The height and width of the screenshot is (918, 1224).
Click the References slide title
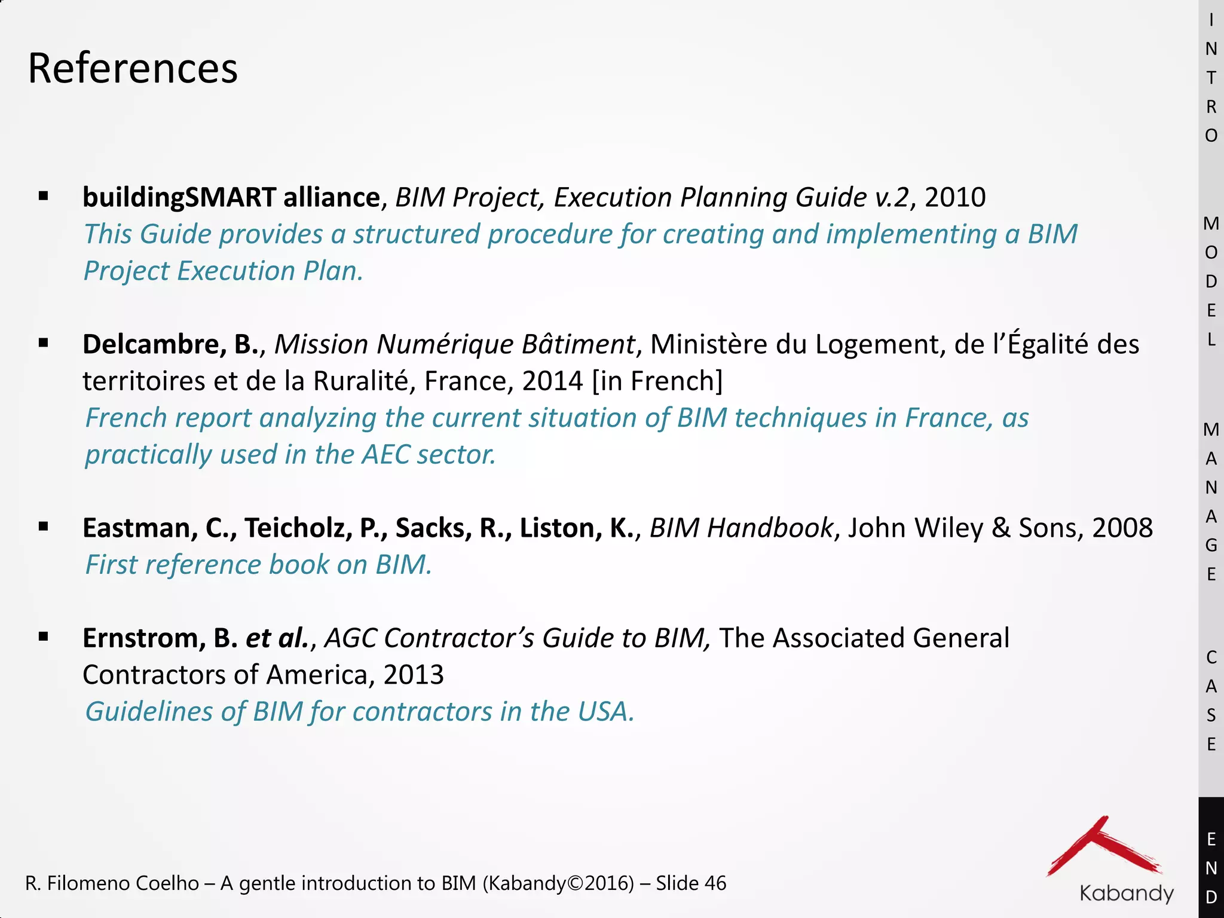[x=133, y=68]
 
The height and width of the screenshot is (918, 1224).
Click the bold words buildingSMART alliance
[x=231, y=197]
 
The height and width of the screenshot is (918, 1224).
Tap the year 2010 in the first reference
[x=954, y=197]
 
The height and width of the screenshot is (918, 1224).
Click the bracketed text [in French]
[x=657, y=381]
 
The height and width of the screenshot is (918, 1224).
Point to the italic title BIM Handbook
[x=740, y=528]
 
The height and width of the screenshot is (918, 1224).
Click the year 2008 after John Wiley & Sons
[x=1122, y=528]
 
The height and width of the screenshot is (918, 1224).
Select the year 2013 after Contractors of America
[x=414, y=675]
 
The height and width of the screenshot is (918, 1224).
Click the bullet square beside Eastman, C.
[x=43, y=527]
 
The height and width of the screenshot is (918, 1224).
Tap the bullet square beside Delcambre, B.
[x=43, y=343]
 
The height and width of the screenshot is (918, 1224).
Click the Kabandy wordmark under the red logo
[x=1127, y=893]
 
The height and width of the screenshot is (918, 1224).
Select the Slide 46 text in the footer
[x=691, y=883]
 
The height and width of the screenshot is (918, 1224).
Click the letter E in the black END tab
[x=1211, y=840]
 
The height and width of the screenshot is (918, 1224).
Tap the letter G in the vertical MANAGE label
[x=1211, y=545]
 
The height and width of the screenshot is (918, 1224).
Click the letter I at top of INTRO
[x=1211, y=20]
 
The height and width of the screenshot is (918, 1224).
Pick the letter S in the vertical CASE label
[x=1211, y=715]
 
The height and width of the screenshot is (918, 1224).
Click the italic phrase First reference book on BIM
[x=258, y=565]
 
